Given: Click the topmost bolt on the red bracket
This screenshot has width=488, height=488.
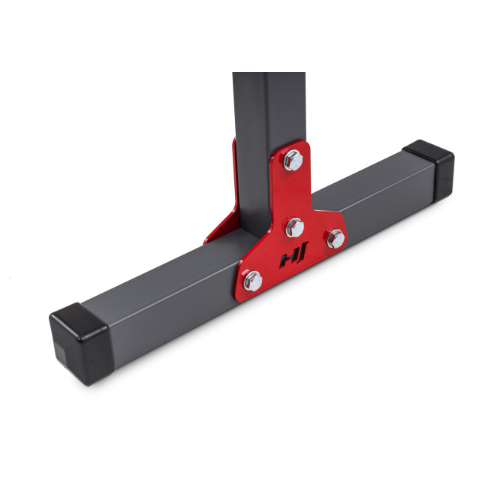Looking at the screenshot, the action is pos(293,160).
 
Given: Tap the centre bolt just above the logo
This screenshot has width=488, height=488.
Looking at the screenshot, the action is pos(295,227).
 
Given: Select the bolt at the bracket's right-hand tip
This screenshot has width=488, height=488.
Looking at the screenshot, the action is pos(336,239).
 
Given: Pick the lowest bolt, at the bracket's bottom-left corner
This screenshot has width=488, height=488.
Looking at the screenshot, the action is pos(252,281).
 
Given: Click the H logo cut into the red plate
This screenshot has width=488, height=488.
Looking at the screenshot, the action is pos(294,255).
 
